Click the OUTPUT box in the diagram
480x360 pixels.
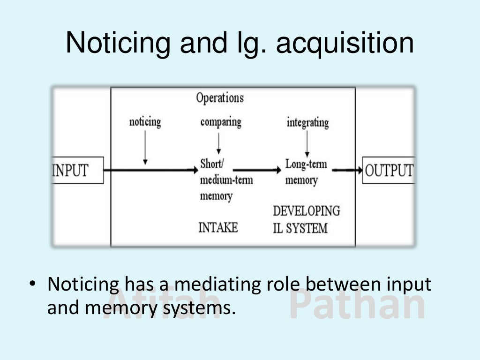389,170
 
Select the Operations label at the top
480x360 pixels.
220,98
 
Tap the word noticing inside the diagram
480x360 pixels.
145,122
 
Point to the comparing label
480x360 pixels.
221,122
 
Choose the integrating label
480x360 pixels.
307,123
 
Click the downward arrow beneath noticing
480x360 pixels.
145,148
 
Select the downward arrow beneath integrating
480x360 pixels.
307,144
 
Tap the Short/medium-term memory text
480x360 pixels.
226,180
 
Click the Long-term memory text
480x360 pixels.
306,172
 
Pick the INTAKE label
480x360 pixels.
218,228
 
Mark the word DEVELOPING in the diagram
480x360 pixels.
306,211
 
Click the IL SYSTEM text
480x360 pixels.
300,228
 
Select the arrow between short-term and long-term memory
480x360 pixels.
255,170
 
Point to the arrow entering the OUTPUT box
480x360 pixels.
347,170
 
